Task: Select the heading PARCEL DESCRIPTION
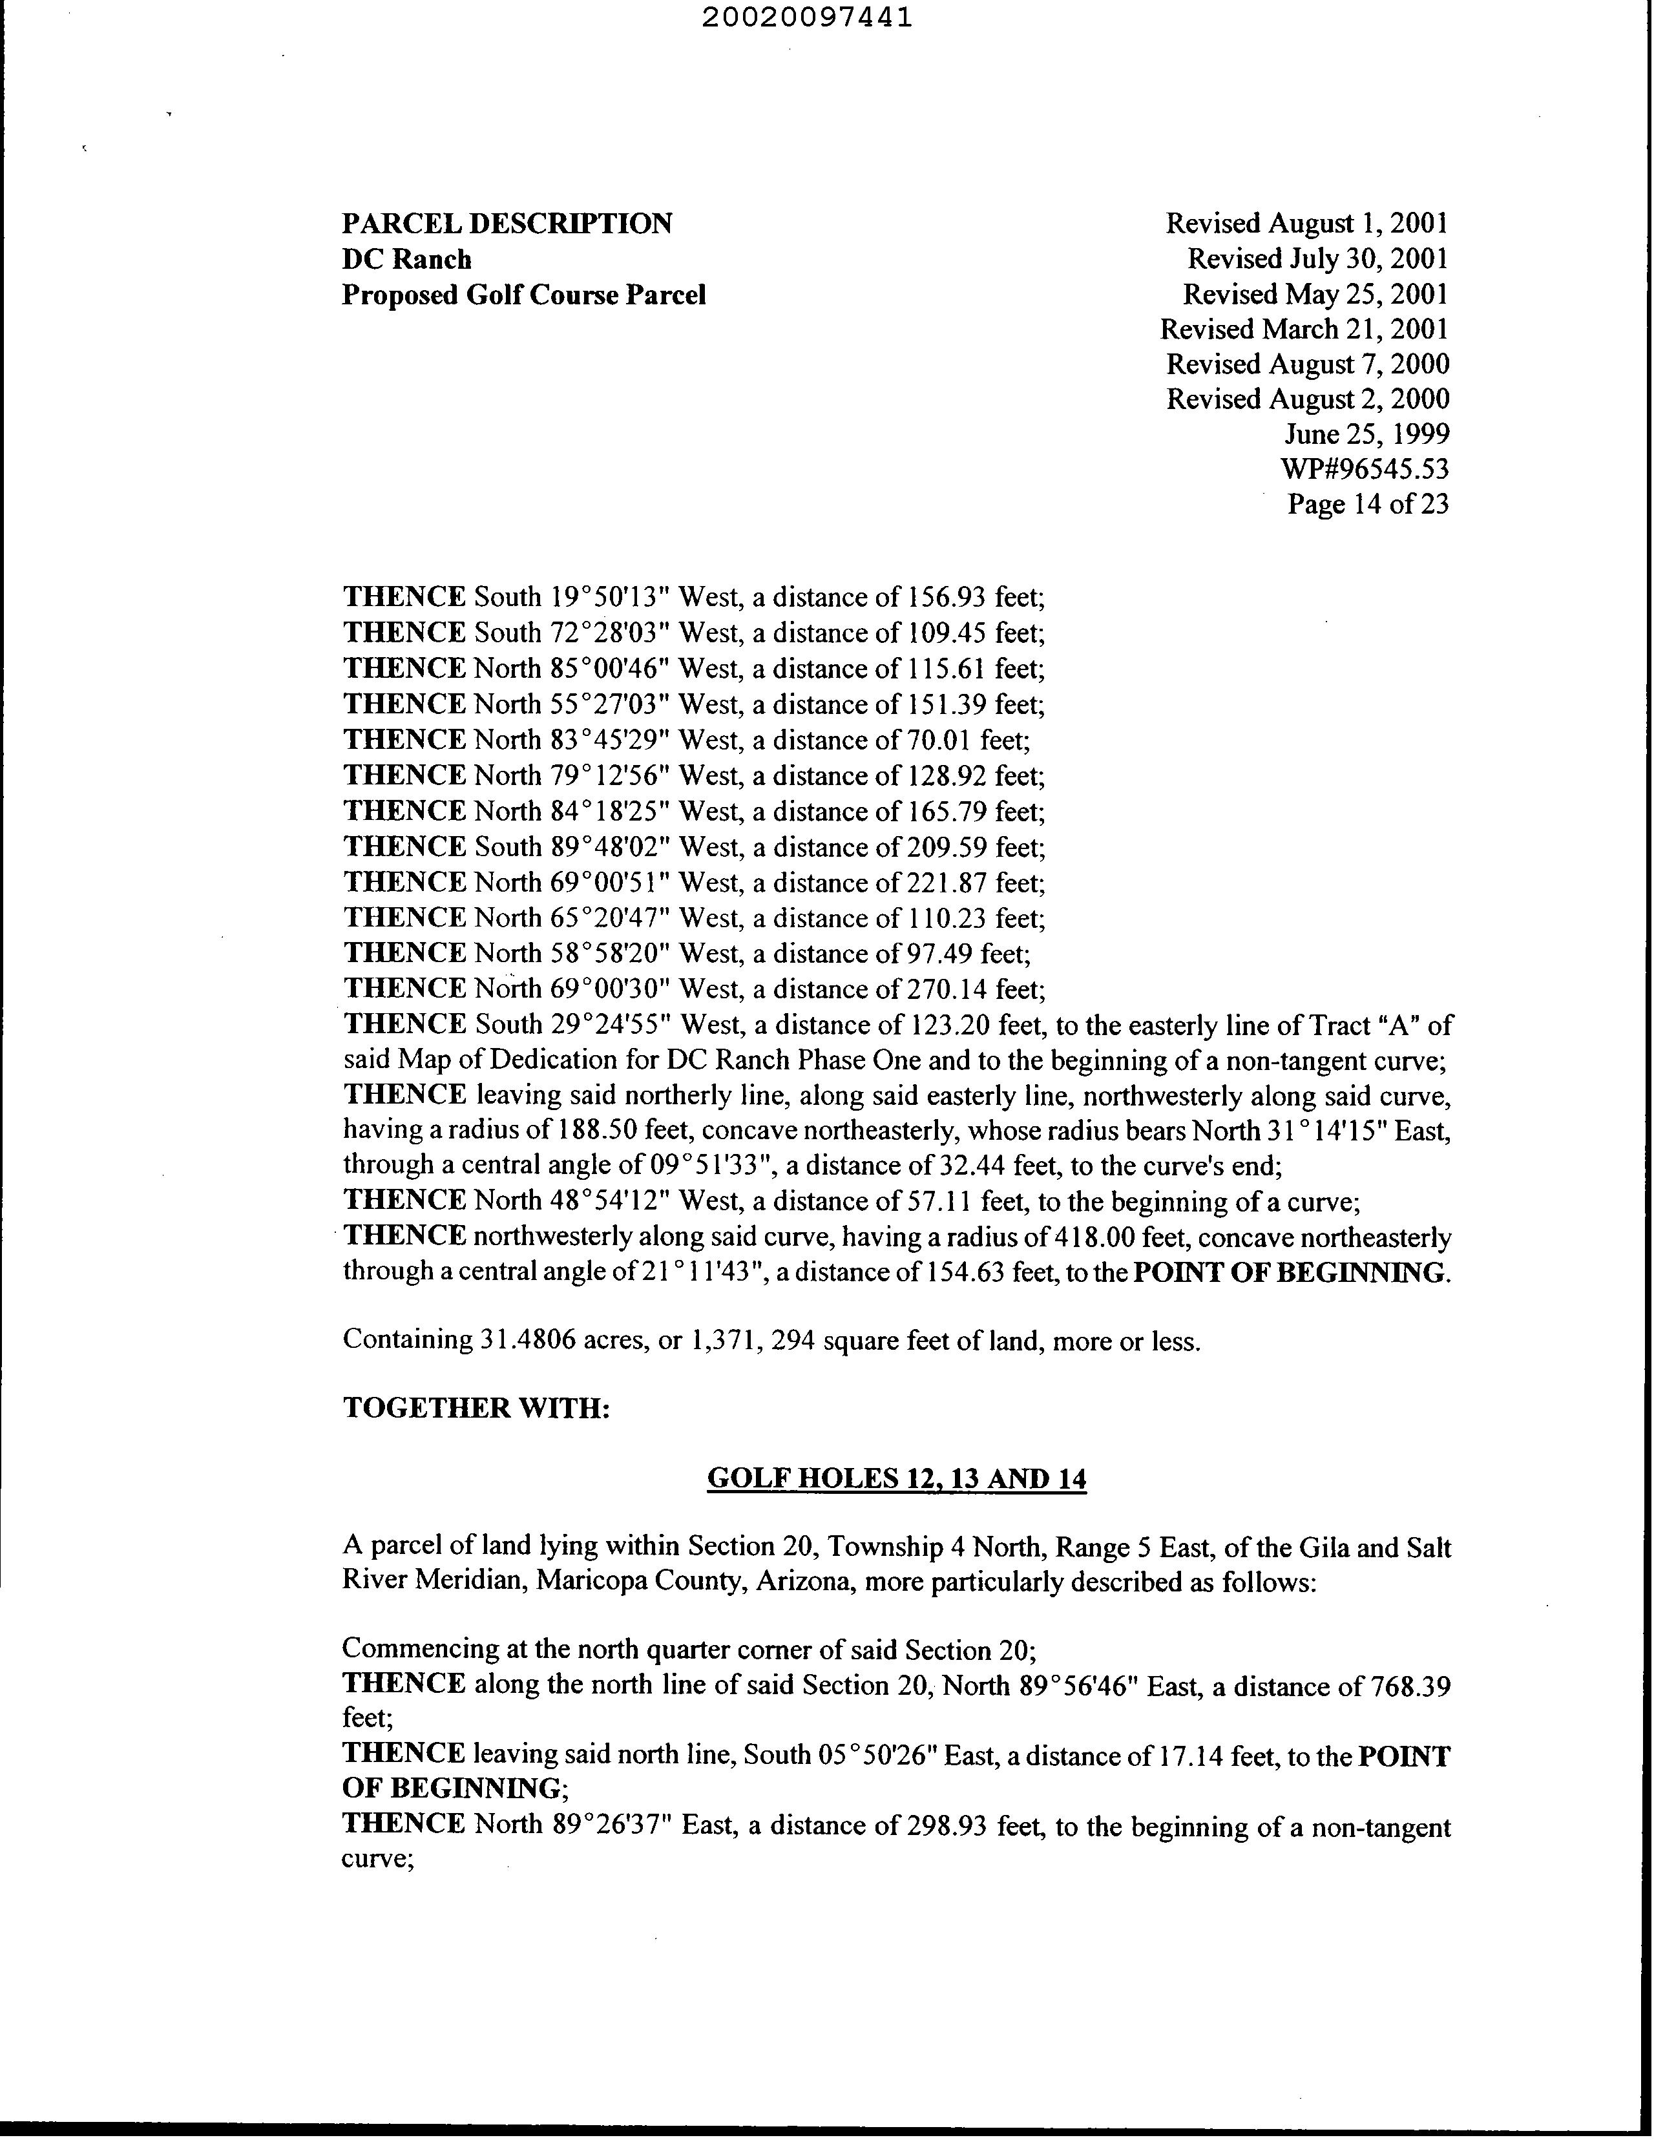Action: tap(507, 224)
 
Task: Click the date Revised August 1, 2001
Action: tap(1306, 224)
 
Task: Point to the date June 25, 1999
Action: tap(1367, 434)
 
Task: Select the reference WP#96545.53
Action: tap(1364, 469)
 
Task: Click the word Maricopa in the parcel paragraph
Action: tap(592, 1582)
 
